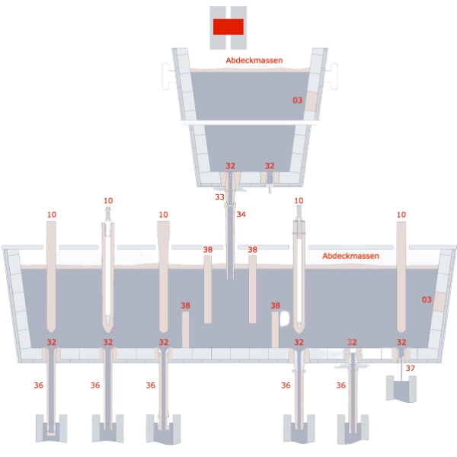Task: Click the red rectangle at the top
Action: point(228,27)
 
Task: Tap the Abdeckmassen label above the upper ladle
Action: point(254,60)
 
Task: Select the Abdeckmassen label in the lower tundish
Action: point(350,256)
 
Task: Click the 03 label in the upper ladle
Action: point(297,101)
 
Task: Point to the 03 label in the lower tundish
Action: point(427,299)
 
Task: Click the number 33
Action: point(219,197)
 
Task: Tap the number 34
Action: point(241,215)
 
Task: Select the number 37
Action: point(411,368)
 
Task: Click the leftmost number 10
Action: point(52,215)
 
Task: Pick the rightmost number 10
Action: point(401,215)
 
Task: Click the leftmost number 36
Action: point(39,385)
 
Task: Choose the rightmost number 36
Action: point(341,385)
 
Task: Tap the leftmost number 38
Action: point(185,305)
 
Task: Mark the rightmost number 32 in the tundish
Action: point(401,342)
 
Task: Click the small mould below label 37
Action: point(401,389)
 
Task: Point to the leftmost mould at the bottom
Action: point(51,428)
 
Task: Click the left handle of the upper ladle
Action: point(166,76)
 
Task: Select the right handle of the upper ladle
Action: point(334,76)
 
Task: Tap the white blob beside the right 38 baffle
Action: point(284,318)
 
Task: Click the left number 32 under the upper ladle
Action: point(231,166)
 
